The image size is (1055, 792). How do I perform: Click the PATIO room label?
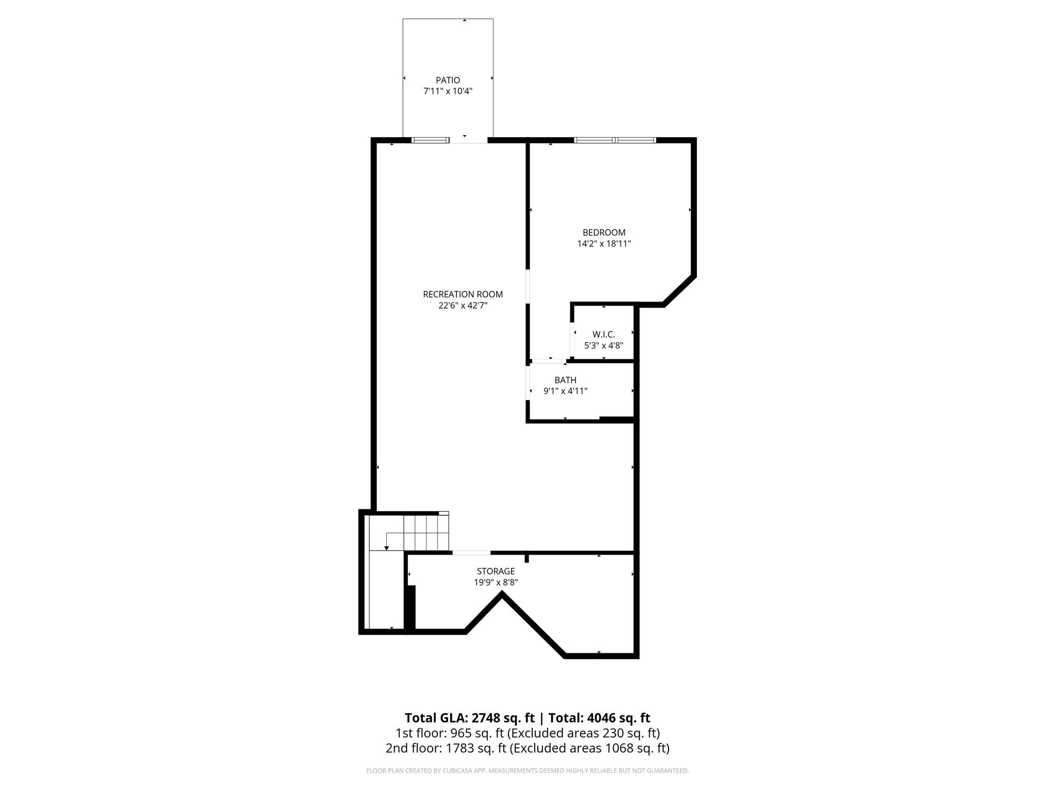(448, 80)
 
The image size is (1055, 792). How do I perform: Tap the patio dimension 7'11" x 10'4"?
(448, 91)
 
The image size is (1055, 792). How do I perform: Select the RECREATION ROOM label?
(463, 294)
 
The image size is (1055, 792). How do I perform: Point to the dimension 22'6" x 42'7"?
(463, 305)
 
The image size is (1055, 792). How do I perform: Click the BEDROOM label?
(604, 233)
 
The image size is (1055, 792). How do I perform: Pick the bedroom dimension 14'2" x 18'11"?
(604, 243)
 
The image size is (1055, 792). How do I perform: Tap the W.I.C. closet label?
(603, 335)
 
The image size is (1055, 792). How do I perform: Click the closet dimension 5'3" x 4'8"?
(603, 345)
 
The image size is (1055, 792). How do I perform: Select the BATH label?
(565, 380)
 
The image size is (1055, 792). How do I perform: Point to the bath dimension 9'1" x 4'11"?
(565, 391)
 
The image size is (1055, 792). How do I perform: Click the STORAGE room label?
(496, 571)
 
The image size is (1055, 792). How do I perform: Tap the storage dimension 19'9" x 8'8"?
(496, 583)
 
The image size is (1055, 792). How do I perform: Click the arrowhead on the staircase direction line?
(386, 548)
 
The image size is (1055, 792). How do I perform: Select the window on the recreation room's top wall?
(430, 140)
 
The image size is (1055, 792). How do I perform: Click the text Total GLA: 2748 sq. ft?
(469, 718)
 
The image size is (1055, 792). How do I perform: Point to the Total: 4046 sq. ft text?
(599, 718)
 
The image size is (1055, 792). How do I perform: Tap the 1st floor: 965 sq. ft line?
(527, 733)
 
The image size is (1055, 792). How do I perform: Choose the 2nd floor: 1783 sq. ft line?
(527, 748)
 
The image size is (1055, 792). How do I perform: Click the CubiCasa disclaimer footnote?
(527, 771)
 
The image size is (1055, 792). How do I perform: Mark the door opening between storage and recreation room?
(471, 553)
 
